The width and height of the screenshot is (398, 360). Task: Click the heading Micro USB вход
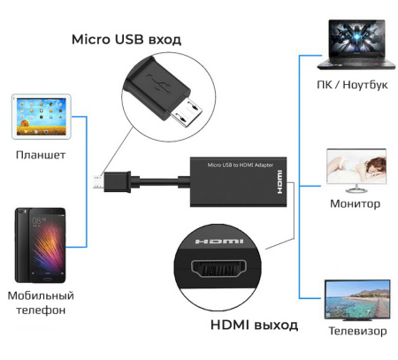click(x=126, y=40)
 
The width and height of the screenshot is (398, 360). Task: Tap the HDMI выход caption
click(x=254, y=325)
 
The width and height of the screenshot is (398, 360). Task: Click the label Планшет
click(x=40, y=155)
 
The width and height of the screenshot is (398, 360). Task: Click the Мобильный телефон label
click(x=40, y=303)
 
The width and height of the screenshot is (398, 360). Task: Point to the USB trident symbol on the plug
click(x=158, y=86)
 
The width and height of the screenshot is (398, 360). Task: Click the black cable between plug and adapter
click(x=164, y=186)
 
